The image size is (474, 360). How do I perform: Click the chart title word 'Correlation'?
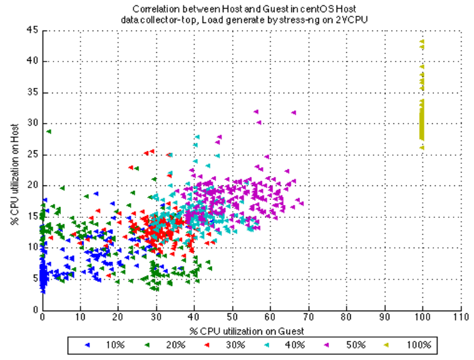(155, 9)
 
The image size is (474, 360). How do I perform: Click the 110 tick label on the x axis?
(460, 317)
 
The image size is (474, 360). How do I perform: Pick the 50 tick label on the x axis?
(232, 317)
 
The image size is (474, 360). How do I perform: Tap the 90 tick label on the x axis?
(384, 317)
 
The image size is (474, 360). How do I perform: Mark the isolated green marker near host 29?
(49, 131)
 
